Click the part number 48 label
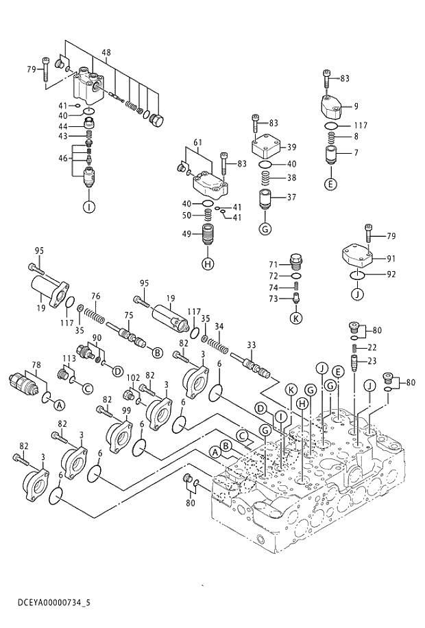106,53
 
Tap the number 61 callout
197,143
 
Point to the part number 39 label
291,147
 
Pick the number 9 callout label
356,106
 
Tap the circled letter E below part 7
330,183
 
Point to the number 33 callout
251,345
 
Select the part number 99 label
125,410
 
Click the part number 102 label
133,377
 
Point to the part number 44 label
62,127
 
